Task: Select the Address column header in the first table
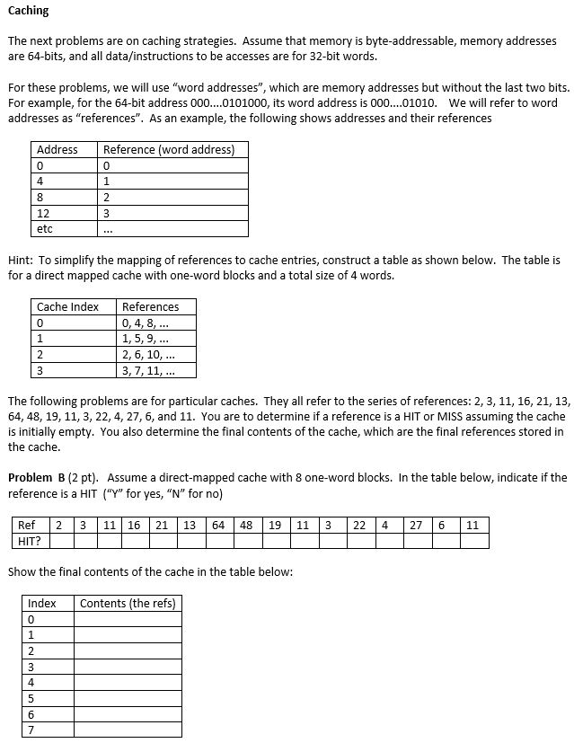click(57, 149)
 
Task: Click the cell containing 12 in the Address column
click(43, 213)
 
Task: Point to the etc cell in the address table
click(44, 229)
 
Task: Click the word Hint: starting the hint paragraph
click(21, 260)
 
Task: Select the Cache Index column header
click(67, 306)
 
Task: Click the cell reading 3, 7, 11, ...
click(147, 370)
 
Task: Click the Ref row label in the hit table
click(27, 525)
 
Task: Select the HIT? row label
click(30, 540)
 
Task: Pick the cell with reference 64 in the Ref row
click(218, 525)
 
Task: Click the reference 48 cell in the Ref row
click(246, 525)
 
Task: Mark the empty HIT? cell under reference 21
click(163, 540)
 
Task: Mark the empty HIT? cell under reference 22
click(358, 540)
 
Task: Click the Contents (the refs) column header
click(128, 603)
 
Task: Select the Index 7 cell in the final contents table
click(32, 730)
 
